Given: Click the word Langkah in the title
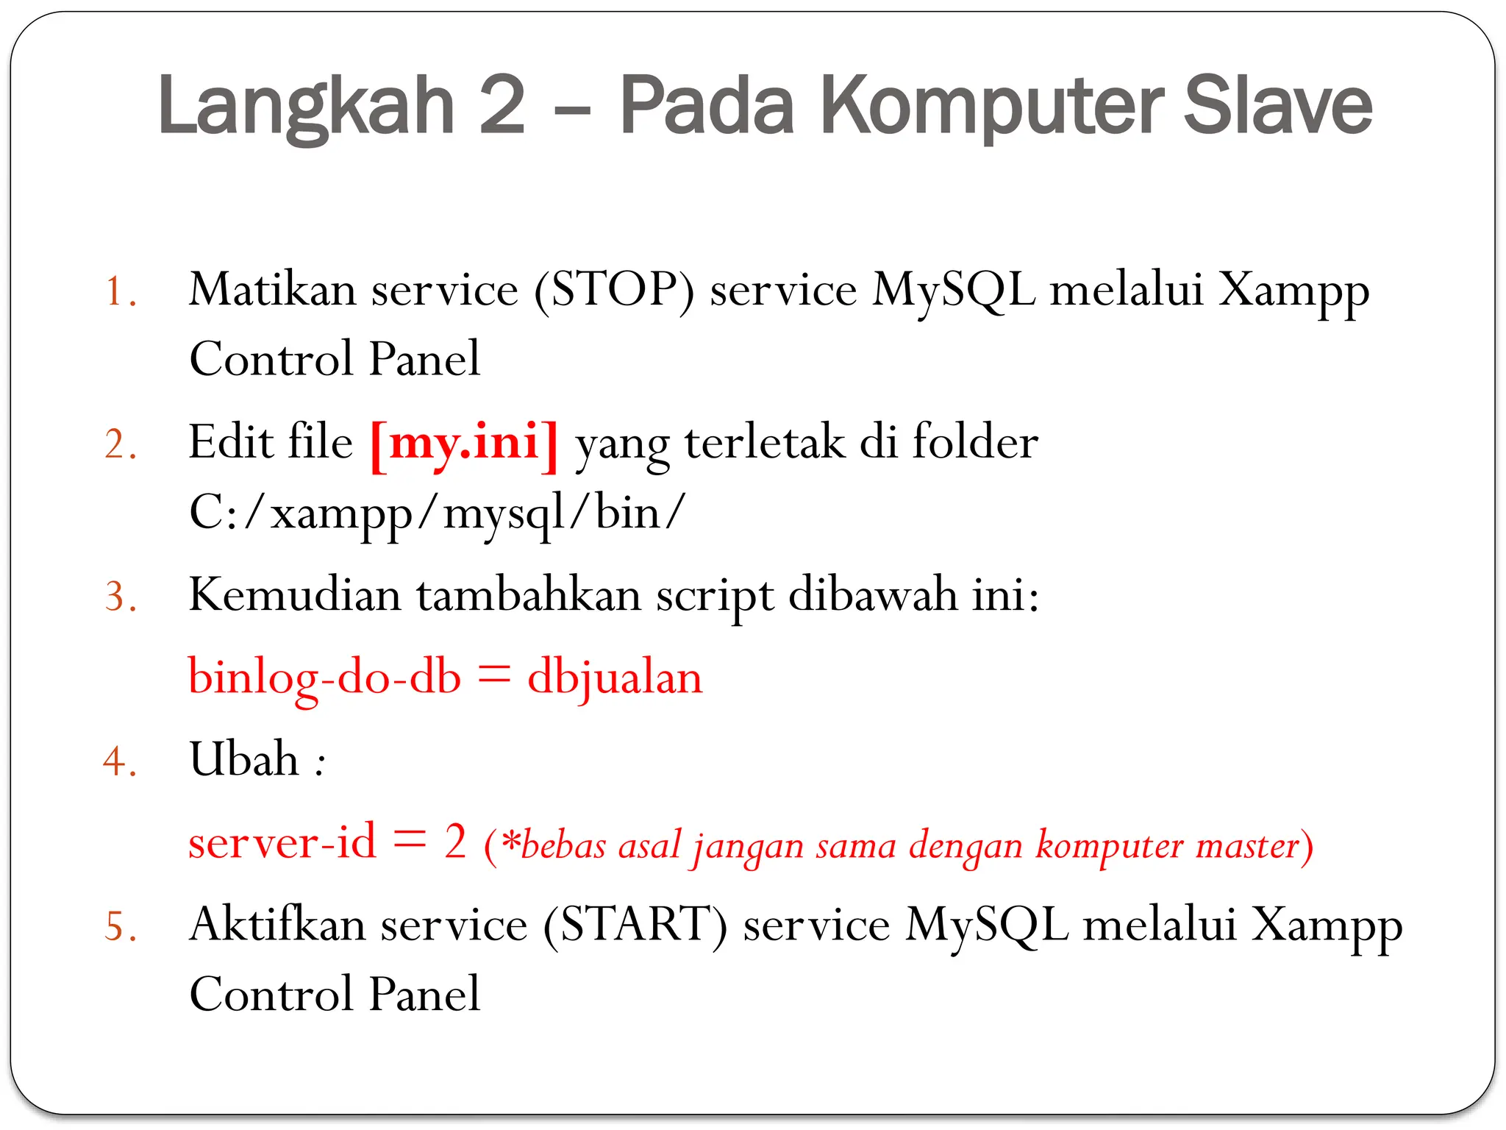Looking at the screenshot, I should click(x=306, y=107).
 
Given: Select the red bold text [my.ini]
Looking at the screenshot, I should click(x=464, y=444).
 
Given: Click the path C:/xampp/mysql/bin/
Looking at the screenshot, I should click(x=437, y=514).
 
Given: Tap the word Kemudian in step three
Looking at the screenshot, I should click(x=295, y=594).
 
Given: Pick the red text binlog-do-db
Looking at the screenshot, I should click(x=324, y=677).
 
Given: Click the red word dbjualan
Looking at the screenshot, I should click(x=615, y=677).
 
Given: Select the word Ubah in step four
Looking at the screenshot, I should click(x=243, y=759).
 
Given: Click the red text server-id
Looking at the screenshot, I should click(x=282, y=842).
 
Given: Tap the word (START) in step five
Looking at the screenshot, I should click(x=635, y=925).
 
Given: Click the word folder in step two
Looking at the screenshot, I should click(x=975, y=443).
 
